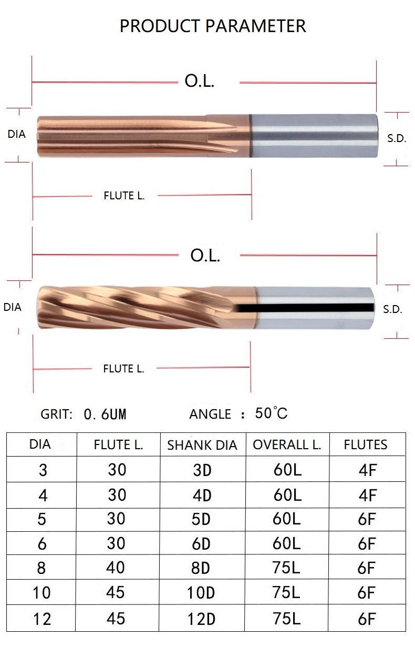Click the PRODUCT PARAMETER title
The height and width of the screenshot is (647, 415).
[x=213, y=25]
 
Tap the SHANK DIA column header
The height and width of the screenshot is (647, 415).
[x=202, y=446]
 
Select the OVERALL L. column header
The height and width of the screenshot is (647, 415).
[x=287, y=444]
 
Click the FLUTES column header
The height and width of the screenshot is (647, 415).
[x=366, y=444]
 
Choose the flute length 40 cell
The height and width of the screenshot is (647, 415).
[x=117, y=568]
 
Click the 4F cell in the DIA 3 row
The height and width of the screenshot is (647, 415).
[x=367, y=470]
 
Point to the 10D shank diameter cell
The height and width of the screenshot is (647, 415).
[x=202, y=594]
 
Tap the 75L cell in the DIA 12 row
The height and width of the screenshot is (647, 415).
[x=287, y=618]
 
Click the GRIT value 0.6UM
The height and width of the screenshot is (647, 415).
[x=105, y=415]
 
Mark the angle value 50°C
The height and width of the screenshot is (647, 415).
[x=272, y=413]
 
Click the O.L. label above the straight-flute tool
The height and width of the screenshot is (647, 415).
[x=200, y=82]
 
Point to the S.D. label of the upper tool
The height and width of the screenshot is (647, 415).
[x=397, y=139]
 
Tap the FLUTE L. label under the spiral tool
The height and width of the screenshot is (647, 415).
[x=123, y=369]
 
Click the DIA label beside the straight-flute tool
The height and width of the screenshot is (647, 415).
[x=16, y=134]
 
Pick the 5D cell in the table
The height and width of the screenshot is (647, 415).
[x=202, y=519]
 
